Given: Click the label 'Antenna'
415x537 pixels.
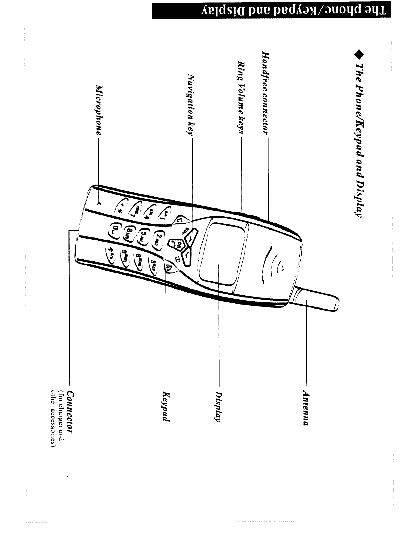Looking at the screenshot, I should pos(305,409).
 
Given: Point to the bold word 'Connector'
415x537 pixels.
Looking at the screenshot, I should pos(70,412).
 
